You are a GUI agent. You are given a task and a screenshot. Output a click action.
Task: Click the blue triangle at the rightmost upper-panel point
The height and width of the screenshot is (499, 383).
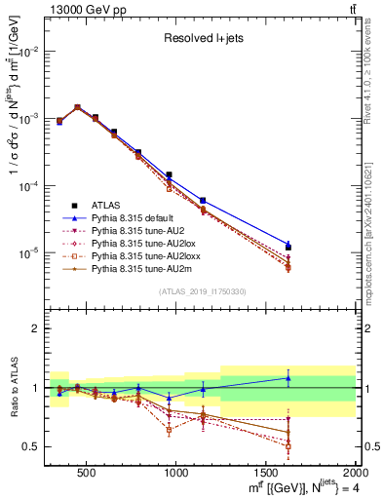[288, 244]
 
